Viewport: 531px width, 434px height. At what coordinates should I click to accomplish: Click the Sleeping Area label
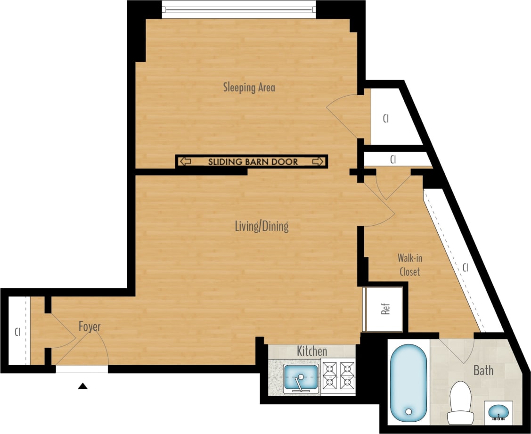click(x=249, y=87)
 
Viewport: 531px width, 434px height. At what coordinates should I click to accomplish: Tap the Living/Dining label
click(x=261, y=226)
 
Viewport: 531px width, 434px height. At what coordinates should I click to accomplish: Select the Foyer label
click(x=90, y=327)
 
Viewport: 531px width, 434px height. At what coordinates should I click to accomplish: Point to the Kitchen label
click(x=312, y=351)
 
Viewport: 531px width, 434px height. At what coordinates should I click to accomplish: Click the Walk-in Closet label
click(x=409, y=265)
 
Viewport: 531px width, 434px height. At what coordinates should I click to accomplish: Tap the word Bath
click(x=483, y=370)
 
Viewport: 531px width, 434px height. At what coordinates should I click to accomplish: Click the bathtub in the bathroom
click(x=408, y=383)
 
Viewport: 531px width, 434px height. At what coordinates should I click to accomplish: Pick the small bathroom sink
click(x=498, y=411)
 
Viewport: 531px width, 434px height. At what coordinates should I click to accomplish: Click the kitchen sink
click(x=300, y=378)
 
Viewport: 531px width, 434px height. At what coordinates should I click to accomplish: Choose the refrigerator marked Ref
click(x=385, y=309)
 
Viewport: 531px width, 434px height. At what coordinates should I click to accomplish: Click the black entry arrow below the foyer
click(x=83, y=386)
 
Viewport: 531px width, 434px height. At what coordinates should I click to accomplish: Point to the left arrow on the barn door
click(x=185, y=162)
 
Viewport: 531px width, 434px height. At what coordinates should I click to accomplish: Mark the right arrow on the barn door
click(x=318, y=162)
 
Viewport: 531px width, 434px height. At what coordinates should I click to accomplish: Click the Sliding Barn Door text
click(x=253, y=162)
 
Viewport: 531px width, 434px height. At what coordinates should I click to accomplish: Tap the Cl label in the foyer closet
click(x=17, y=331)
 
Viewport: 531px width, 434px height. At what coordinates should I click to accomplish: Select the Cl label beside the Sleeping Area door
click(x=385, y=118)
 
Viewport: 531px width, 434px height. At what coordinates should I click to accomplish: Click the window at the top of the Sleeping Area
click(x=238, y=9)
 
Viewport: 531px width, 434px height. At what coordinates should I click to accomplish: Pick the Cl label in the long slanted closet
click(x=465, y=268)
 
